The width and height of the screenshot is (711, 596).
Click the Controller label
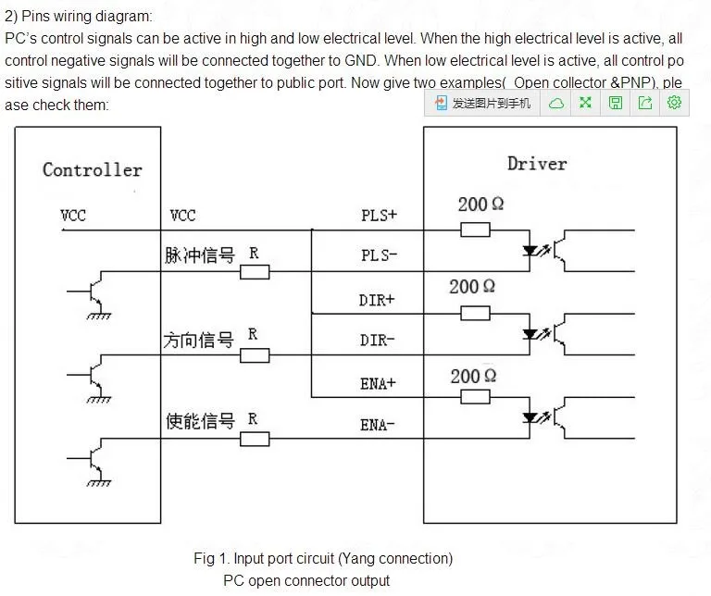coord(93,170)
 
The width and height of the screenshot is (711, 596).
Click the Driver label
coord(537,164)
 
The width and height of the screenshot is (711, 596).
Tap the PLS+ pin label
coord(379,215)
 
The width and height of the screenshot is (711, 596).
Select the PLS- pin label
coord(379,255)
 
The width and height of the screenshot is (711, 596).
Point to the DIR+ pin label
coord(377,300)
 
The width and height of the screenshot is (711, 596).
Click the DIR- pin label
coord(378,340)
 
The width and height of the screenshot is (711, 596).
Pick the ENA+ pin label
coord(378,384)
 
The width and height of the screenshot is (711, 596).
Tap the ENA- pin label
coord(378,425)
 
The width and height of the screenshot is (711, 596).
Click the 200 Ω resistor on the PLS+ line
coord(475,230)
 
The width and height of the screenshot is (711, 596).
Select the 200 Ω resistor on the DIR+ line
coord(475,313)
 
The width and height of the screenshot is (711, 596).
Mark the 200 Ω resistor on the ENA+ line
coord(475,397)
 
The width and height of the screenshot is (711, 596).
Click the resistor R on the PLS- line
coord(255,272)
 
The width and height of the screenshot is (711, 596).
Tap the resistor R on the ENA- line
coord(255,440)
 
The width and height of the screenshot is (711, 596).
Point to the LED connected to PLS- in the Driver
coord(530,251)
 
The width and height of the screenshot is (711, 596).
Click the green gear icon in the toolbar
coord(674,103)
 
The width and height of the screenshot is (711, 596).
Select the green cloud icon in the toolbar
coord(555,104)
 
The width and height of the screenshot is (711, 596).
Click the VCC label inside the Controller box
coord(73,215)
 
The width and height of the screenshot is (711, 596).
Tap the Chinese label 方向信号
coord(199,340)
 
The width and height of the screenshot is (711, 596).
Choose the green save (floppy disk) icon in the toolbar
coord(615,103)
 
